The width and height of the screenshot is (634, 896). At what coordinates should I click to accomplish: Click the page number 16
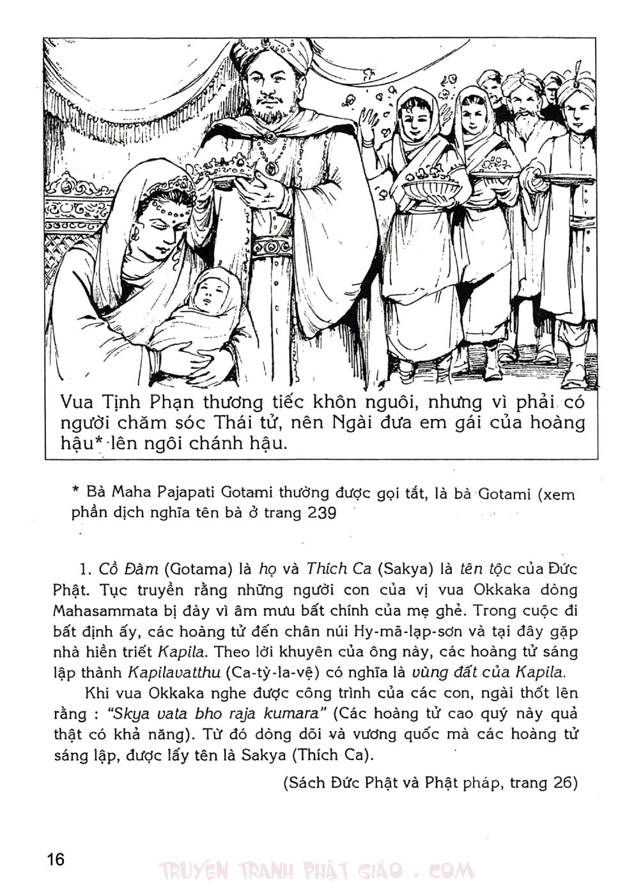click(56, 859)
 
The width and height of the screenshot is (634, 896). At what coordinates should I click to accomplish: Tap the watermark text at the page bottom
click(317, 870)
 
